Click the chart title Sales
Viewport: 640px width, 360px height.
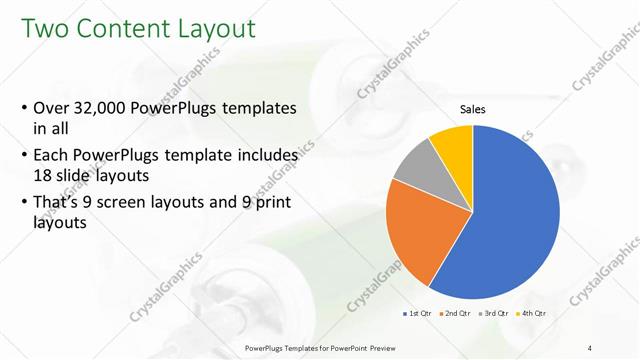click(473, 109)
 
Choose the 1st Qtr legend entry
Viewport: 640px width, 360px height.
click(417, 314)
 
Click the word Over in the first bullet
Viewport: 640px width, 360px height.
click(52, 107)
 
